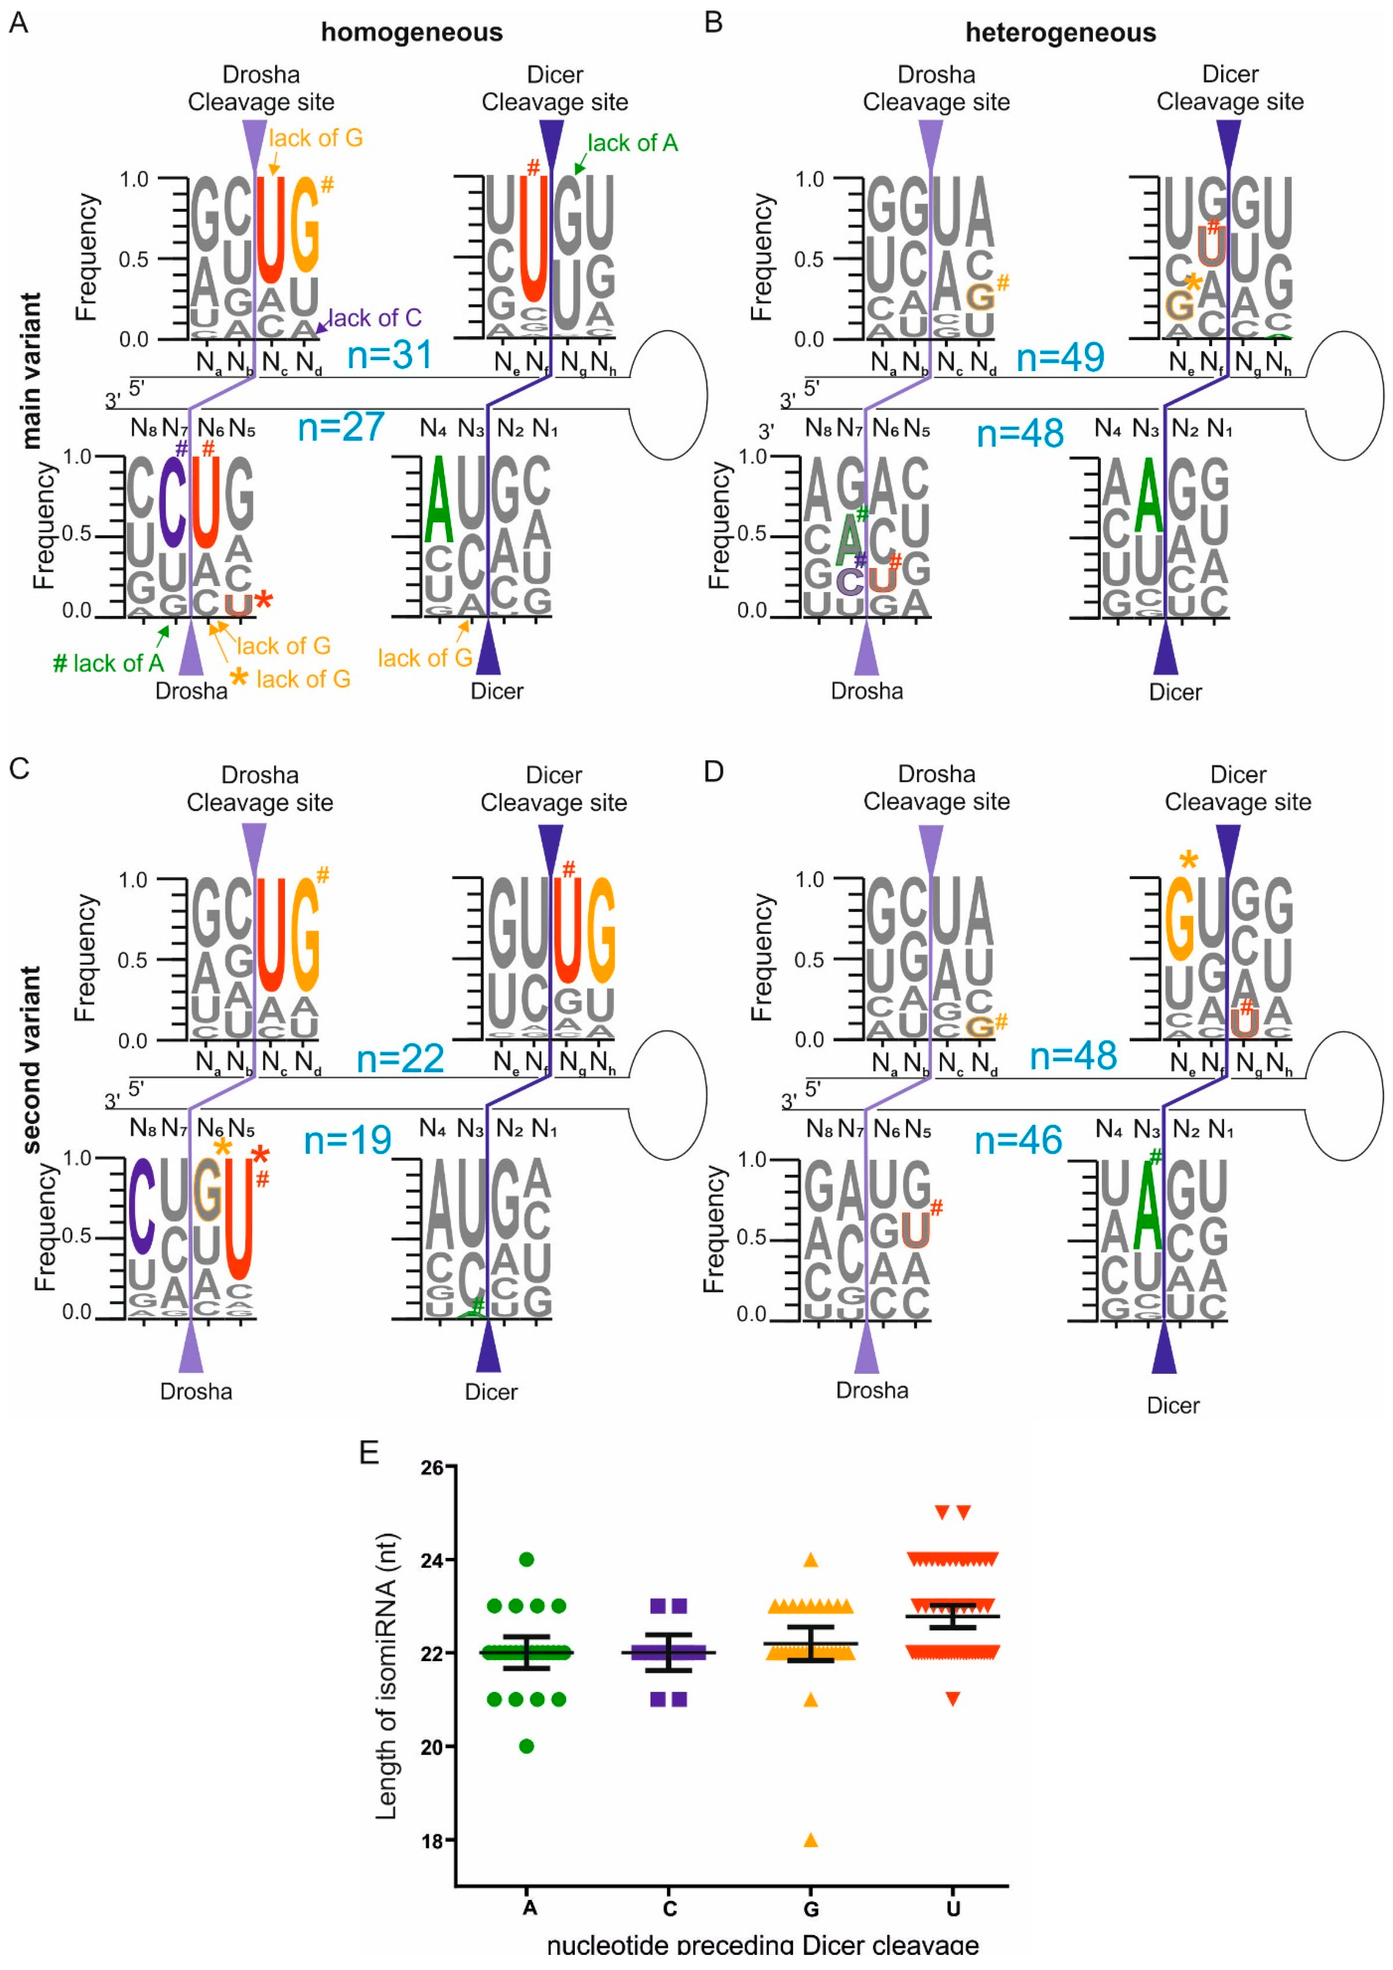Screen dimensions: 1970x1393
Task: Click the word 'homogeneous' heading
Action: pyautogui.click(x=412, y=32)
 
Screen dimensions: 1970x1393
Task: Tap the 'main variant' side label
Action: pyautogui.click(x=31, y=371)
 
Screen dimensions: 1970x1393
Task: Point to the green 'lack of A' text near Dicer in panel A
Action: pyautogui.click(x=632, y=143)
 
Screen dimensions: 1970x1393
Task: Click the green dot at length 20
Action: pyautogui.click(x=527, y=1746)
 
